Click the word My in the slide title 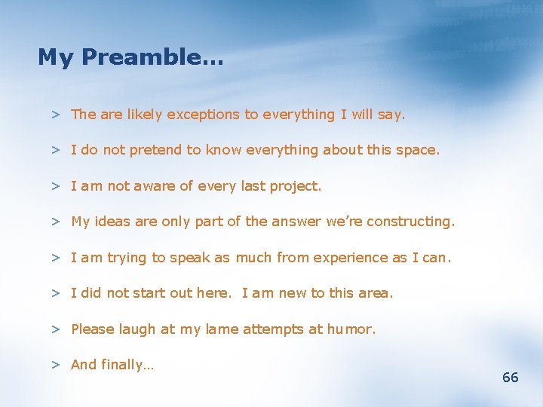(x=54, y=57)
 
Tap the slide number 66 (x=511, y=378)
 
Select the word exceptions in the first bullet (x=203, y=115)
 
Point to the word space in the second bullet (x=417, y=150)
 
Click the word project (x=295, y=186)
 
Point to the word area (x=376, y=293)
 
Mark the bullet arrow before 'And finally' (x=56, y=365)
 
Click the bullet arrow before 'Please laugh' (x=56, y=329)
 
